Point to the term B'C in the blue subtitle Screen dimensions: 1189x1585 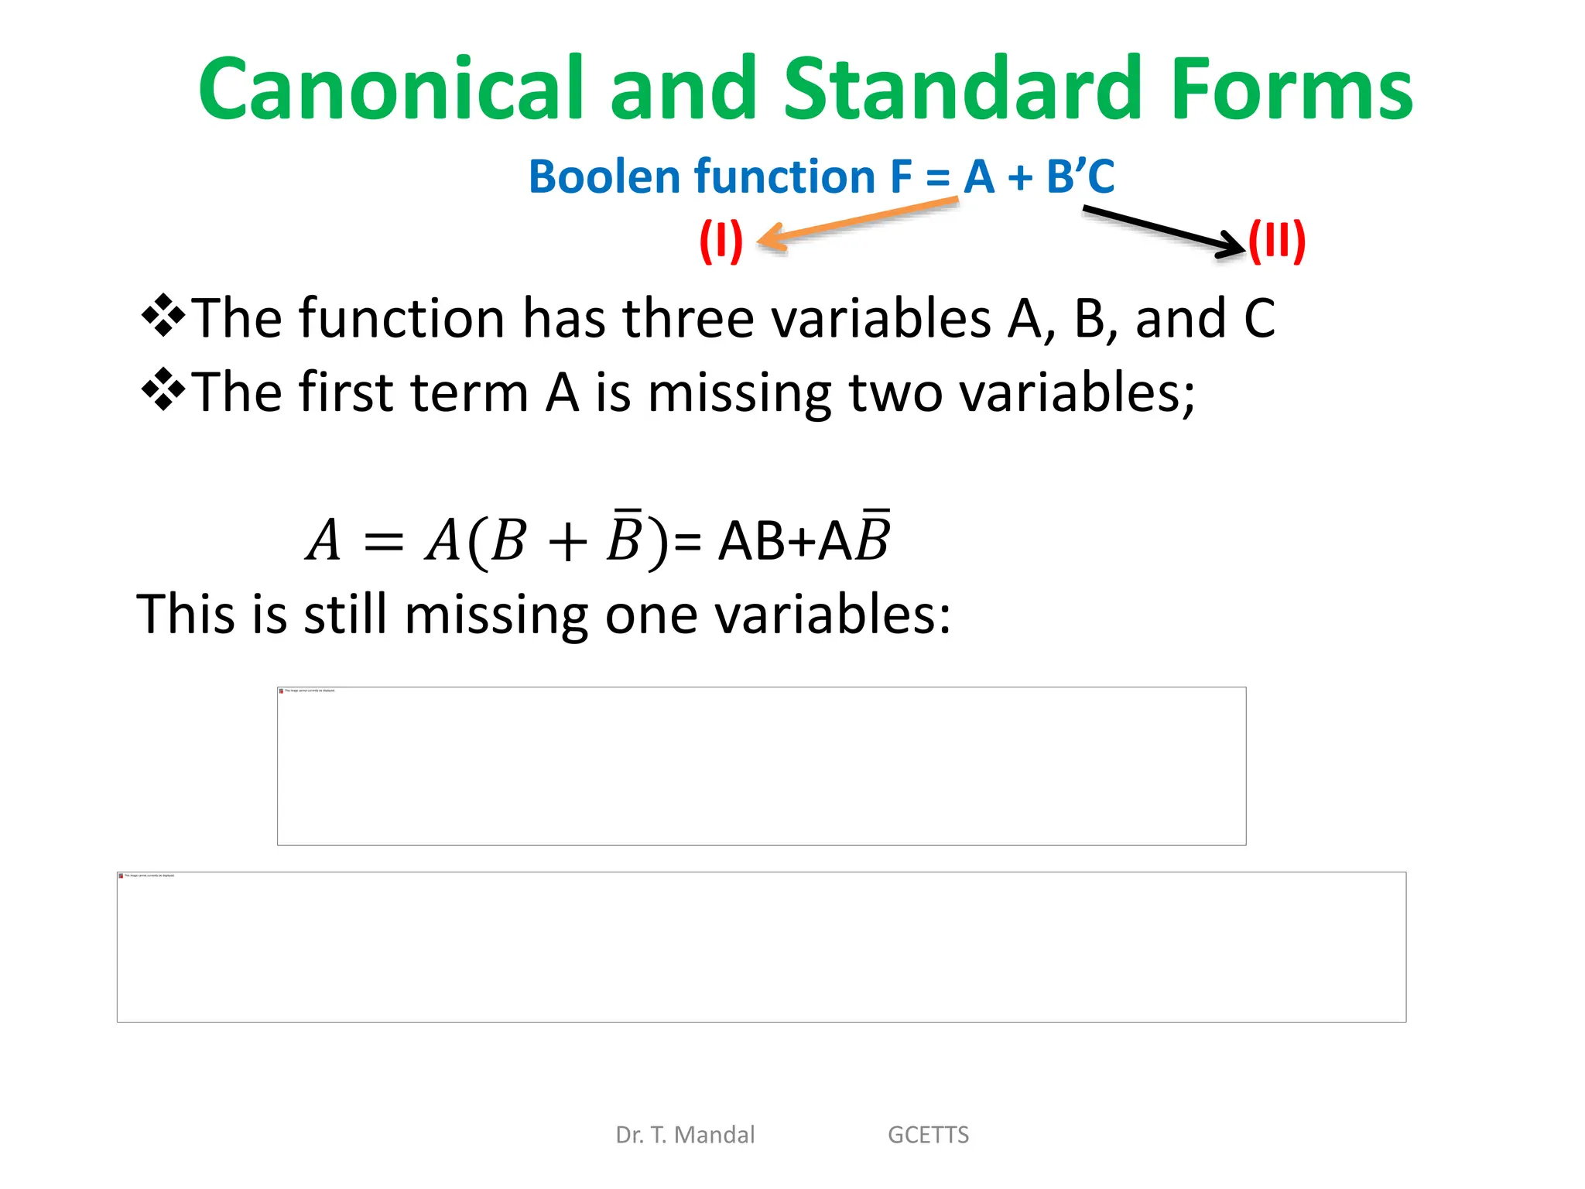tap(1080, 176)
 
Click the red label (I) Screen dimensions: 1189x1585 tap(721, 241)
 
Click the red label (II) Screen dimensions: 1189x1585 tap(1277, 241)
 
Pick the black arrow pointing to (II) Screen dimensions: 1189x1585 tap(1161, 230)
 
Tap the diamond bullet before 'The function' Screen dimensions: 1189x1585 tap(163, 316)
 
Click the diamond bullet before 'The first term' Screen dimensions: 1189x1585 tap(163, 389)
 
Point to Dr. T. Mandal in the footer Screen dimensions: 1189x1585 tap(685, 1135)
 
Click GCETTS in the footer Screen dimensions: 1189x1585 tap(928, 1135)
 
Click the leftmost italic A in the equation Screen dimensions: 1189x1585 tap(324, 540)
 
